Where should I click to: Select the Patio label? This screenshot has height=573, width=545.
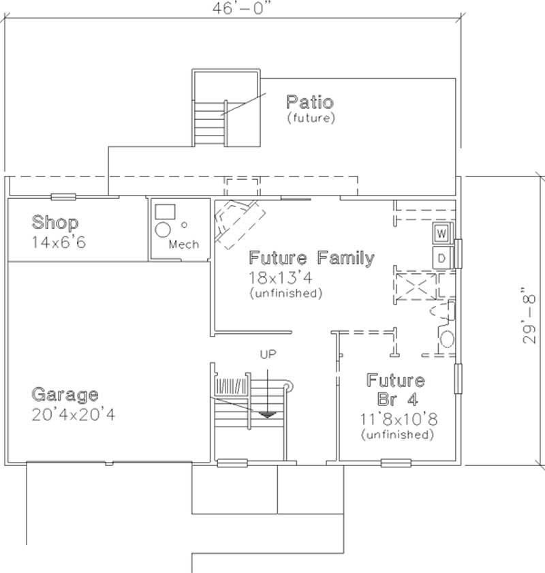(310, 103)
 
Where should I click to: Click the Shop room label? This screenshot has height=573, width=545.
(55, 223)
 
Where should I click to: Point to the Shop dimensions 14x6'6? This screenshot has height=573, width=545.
(59, 242)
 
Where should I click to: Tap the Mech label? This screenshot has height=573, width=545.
(184, 245)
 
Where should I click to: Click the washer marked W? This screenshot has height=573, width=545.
(441, 234)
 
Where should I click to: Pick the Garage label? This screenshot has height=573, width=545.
(65, 395)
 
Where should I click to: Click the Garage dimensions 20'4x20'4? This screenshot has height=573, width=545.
(74, 414)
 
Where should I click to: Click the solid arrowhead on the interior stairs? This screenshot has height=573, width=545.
(268, 412)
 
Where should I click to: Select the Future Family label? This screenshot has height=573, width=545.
(311, 258)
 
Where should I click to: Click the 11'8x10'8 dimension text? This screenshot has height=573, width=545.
(395, 418)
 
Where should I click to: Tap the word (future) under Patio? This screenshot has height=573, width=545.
(311, 119)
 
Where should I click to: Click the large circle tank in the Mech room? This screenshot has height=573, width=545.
(163, 230)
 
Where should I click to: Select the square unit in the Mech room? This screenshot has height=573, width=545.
(161, 211)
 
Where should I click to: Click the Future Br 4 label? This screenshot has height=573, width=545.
(395, 389)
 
